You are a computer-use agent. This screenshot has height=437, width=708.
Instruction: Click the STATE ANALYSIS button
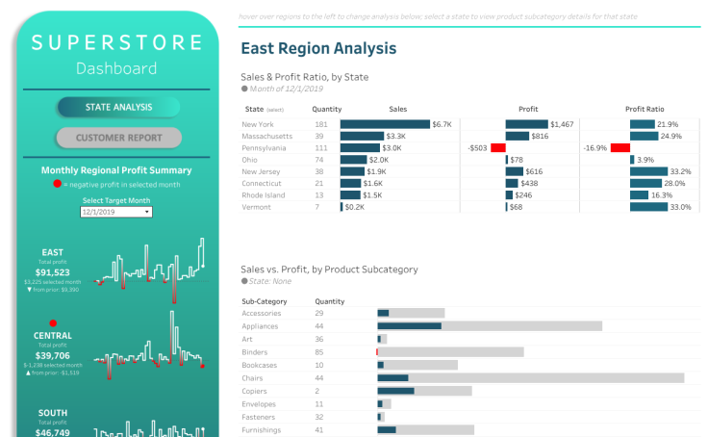coord(118,107)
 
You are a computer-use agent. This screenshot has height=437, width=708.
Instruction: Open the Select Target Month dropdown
coord(117,212)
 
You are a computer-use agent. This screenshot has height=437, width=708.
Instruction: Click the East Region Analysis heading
coord(317,48)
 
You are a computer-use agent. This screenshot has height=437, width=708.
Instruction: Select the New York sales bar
coord(385,124)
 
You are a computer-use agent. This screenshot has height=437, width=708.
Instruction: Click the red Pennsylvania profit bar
coord(497,148)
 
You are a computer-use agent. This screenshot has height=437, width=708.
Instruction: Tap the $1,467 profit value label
coord(563,124)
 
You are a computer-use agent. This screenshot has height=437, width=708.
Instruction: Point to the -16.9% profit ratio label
coord(594,148)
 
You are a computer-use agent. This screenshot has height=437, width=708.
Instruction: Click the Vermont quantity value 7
coord(317,207)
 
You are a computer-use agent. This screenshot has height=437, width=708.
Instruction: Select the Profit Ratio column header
coord(645,109)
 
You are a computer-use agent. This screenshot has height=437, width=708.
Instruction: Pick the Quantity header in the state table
coord(327,109)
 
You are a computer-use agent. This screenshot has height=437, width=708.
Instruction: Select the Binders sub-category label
coord(256,352)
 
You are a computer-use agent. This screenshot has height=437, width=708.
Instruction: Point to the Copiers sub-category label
coord(256,391)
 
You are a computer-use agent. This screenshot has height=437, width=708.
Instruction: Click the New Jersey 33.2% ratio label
coord(679,171)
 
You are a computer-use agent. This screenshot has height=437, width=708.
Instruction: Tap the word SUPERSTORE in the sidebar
coord(116,43)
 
